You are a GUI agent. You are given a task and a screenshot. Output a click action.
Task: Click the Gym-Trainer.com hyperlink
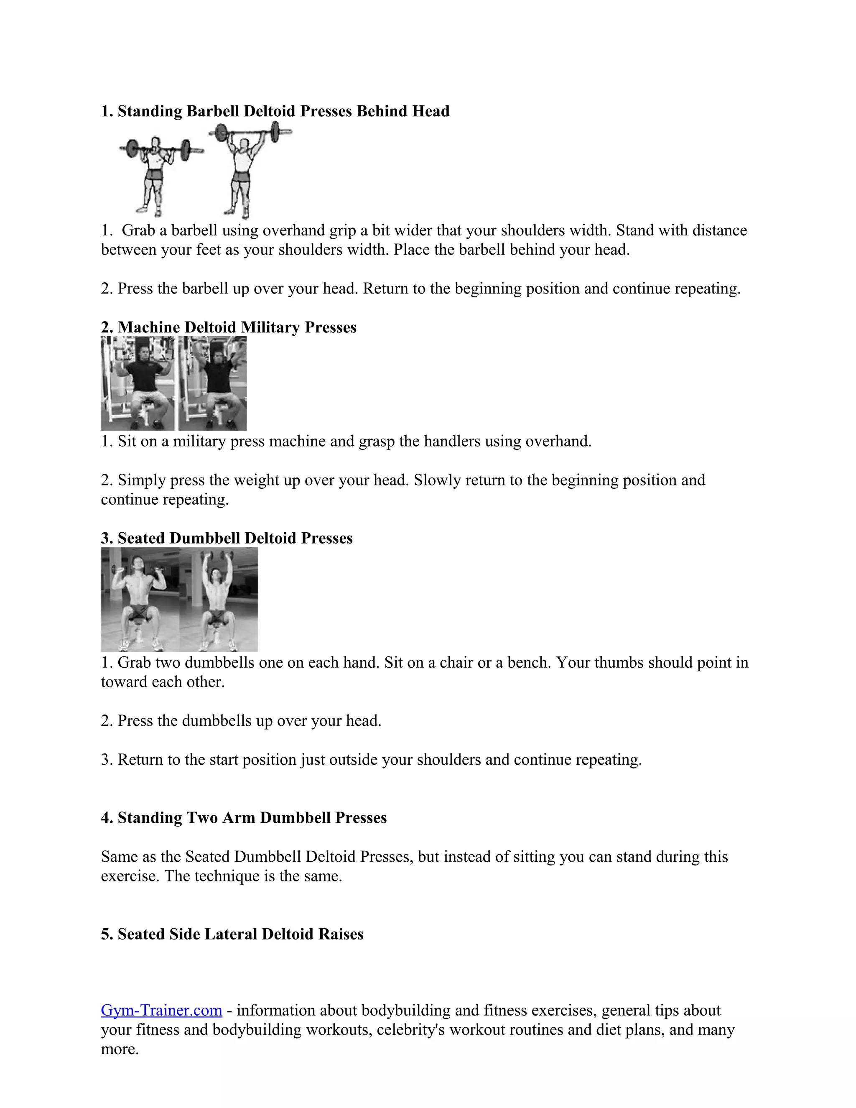[x=161, y=1010]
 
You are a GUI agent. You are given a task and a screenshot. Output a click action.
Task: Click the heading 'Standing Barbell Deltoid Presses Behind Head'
[x=275, y=111]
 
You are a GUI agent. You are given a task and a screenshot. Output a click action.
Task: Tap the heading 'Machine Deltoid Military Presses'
[x=229, y=327]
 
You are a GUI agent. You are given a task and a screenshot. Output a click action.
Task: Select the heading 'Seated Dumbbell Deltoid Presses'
[x=227, y=538]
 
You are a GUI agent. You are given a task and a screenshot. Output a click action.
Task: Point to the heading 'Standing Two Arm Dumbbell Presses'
[x=244, y=817]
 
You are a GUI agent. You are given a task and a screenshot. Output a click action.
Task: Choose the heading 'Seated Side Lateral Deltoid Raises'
[x=232, y=934]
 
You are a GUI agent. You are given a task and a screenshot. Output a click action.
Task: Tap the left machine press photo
[x=138, y=383]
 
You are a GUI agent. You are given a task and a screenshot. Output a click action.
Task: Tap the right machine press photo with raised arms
[x=212, y=383]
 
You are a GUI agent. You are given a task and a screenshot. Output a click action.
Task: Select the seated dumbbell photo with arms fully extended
[x=219, y=599]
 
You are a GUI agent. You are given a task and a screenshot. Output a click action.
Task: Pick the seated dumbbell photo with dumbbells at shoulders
[x=140, y=599]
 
